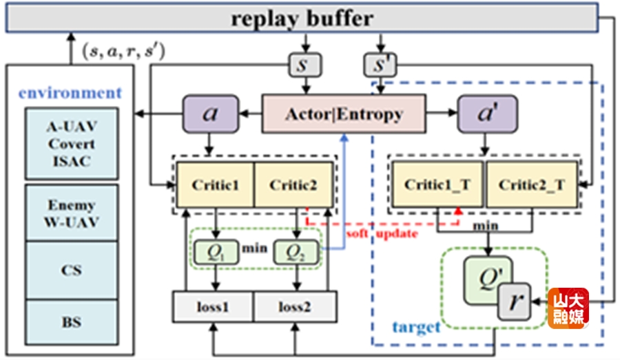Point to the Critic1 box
216,184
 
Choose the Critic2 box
293,184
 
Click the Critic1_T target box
437,184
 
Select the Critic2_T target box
531,184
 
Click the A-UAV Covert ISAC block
72,145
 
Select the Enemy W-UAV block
72,212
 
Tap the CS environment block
72,269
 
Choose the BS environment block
72,321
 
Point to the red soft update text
382,234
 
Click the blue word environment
70,93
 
